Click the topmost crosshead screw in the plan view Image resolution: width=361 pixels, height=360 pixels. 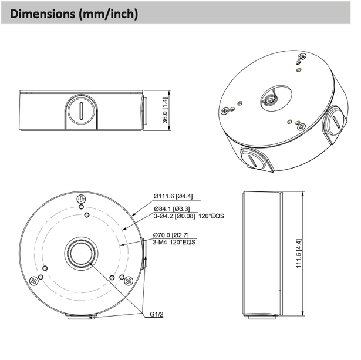(x=80, y=201)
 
